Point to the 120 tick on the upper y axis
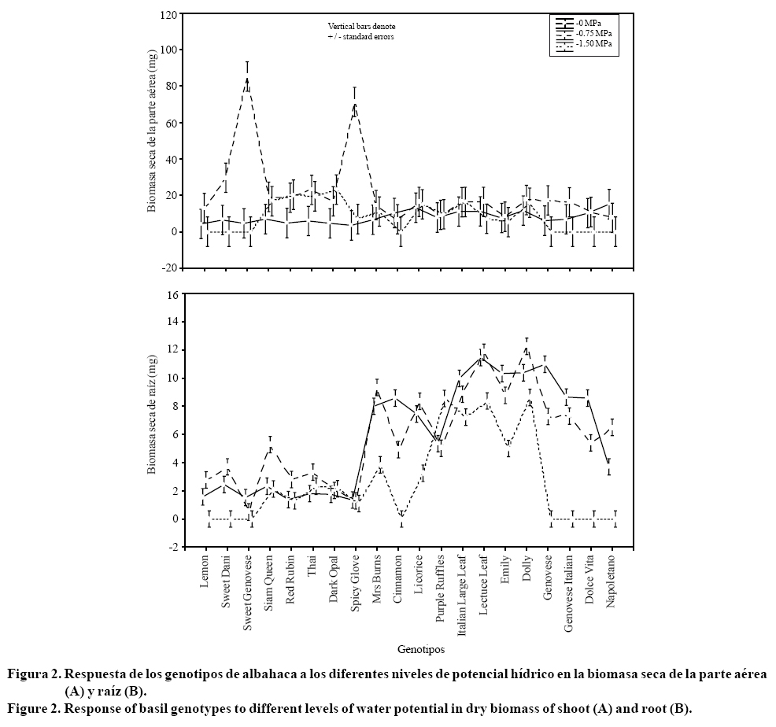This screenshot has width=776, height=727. (167, 14)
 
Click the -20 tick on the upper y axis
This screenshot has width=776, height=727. (168, 268)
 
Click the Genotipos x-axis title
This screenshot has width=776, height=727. (421, 650)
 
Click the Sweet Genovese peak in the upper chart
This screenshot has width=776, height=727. (248, 78)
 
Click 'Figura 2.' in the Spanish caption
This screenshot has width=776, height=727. (34, 675)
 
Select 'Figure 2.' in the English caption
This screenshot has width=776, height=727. (34, 709)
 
